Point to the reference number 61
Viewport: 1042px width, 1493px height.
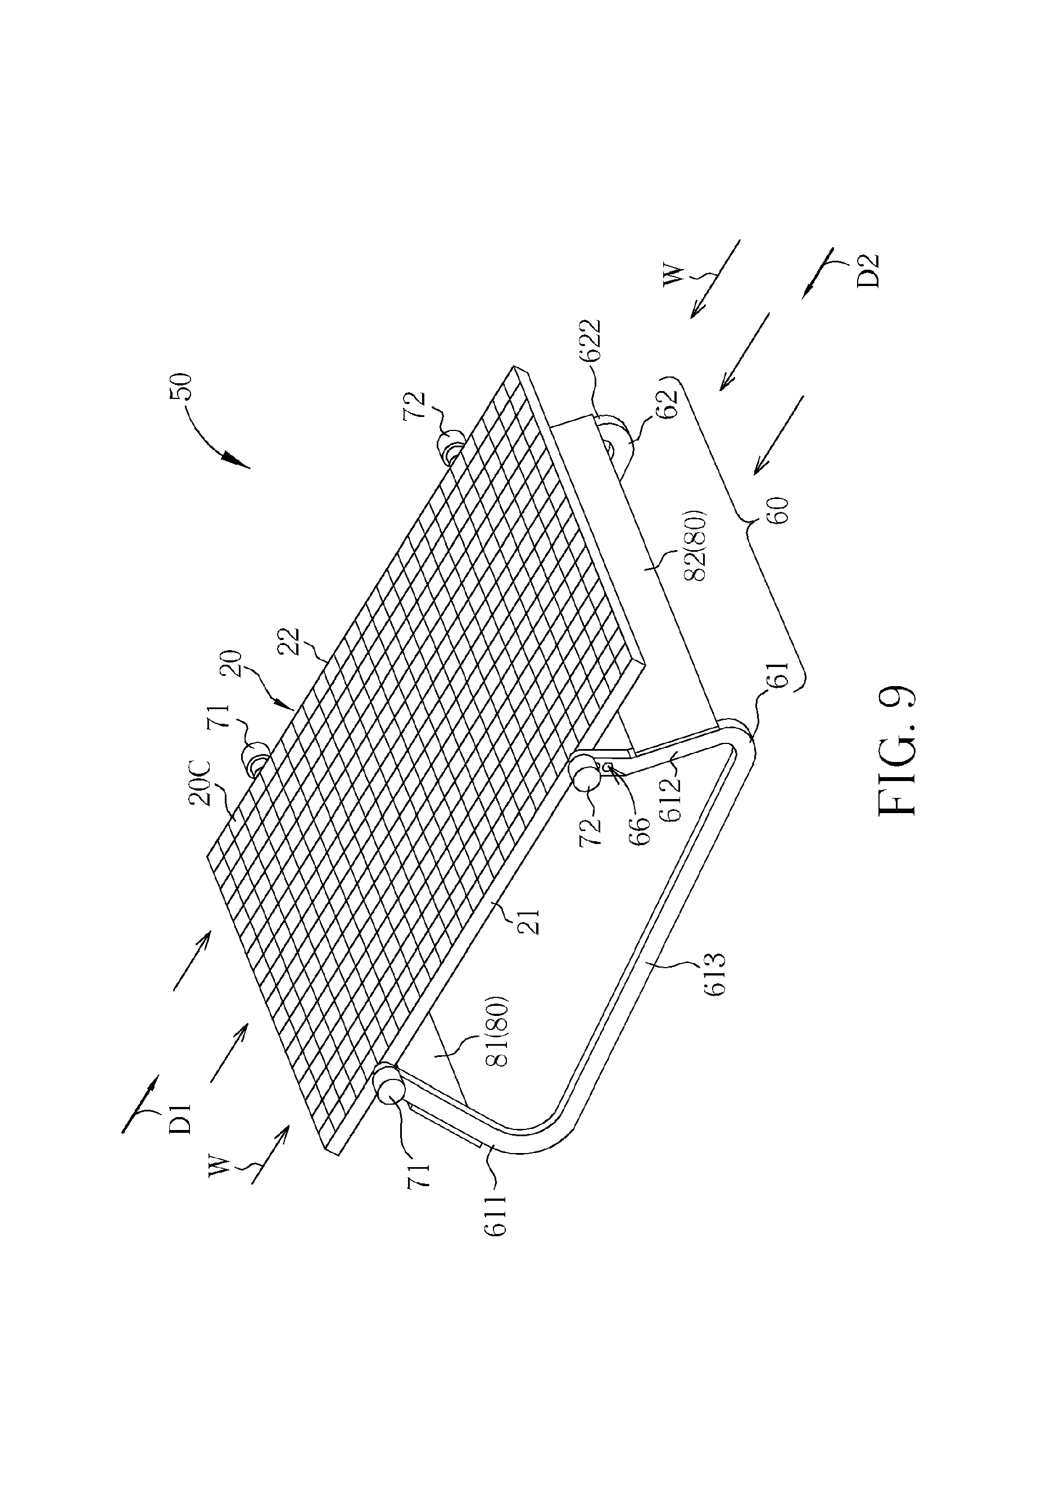coord(781,677)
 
